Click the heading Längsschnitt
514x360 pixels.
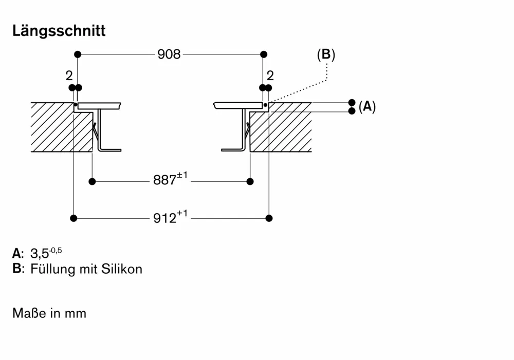click(59, 31)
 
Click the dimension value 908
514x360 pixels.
click(169, 54)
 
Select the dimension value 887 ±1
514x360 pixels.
click(170, 180)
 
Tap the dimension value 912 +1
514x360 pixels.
click(170, 218)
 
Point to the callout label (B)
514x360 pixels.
click(326, 54)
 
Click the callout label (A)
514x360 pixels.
click(367, 106)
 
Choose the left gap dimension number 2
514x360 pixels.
click(69, 76)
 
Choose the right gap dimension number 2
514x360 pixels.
click(270, 76)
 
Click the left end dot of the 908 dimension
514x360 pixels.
click(78, 54)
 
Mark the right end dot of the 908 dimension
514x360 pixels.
click(264, 54)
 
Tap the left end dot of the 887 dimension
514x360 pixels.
click(93, 181)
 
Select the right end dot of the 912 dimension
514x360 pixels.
click(269, 218)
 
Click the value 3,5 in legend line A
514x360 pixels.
click(39, 253)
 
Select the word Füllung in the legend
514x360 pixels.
click(52, 269)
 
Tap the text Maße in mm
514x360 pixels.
click(49, 313)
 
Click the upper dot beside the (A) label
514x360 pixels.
click(352, 102)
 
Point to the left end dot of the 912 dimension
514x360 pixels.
click(74, 218)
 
